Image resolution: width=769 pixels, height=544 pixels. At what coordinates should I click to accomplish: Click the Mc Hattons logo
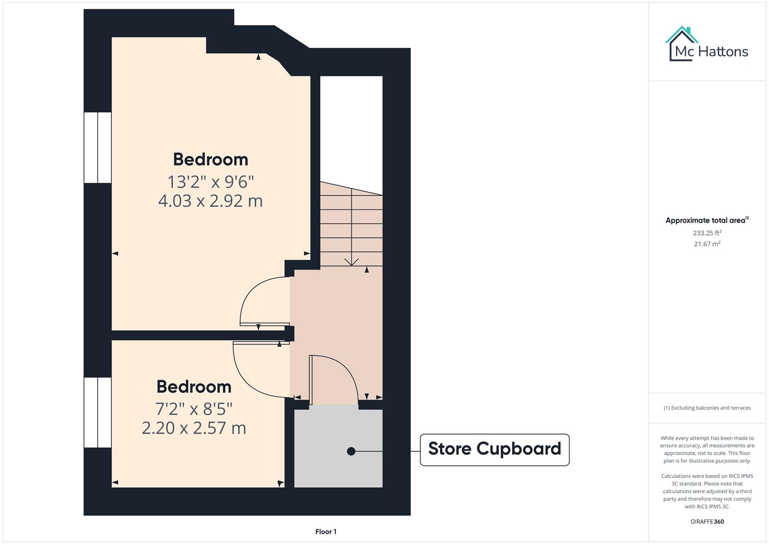pos(707,45)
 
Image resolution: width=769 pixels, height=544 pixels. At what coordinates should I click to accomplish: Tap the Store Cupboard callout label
pos(495,449)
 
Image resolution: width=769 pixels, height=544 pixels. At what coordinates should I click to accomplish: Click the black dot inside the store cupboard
pos(351,451)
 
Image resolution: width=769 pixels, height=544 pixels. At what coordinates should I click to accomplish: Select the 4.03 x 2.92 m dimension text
pos(210,201)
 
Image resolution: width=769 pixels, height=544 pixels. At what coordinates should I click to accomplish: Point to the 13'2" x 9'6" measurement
pos(210,181)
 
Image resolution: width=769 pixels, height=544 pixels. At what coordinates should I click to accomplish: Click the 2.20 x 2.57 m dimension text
pos(194,428)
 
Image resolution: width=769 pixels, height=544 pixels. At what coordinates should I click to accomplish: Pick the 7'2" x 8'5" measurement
pos(194,408)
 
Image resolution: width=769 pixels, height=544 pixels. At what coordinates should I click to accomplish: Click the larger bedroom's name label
pos(210,159)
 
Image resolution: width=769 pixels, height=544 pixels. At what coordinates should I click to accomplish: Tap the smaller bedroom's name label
pos(194,387)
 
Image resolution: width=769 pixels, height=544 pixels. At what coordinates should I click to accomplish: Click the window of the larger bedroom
pos(97,148)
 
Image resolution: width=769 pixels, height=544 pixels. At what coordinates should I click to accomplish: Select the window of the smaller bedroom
pos(97,413)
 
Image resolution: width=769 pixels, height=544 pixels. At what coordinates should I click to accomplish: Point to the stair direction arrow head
pos(351,262)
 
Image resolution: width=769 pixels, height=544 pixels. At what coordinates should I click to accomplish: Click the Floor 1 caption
pos(326,531)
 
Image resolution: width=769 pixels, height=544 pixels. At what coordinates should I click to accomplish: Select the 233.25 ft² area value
pos(707,233)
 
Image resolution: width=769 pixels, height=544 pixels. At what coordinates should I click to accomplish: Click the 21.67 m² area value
pos(707,244)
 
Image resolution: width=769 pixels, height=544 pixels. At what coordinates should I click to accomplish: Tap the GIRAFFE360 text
pos(707,521)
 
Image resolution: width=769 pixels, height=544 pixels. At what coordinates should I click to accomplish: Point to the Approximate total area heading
pos(707,220)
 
